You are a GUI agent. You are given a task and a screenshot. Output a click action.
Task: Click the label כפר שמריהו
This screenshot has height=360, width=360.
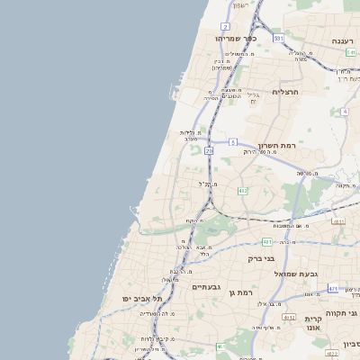point(237,39)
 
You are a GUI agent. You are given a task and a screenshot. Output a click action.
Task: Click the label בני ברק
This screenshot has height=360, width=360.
point(261,258)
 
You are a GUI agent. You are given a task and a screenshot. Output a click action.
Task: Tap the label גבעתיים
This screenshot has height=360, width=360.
point(206,286)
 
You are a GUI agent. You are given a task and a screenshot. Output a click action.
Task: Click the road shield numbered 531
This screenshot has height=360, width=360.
point(279,39)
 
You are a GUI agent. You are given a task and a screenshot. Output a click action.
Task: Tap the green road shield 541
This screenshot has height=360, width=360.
point(350,53)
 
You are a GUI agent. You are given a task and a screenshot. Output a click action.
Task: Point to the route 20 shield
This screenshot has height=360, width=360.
point(209,151)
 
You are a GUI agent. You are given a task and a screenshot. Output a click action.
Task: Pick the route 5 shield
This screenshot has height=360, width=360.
point(232,142)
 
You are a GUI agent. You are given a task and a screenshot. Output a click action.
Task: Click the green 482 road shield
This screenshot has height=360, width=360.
point(243,191)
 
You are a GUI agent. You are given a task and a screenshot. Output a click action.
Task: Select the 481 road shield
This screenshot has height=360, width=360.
point(267,241)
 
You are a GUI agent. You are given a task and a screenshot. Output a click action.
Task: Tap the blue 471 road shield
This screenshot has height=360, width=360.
point(333,288)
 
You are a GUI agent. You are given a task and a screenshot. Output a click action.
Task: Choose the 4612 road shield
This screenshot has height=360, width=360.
point(289,318)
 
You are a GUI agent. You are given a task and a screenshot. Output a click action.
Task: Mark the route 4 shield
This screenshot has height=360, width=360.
point(344,112)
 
